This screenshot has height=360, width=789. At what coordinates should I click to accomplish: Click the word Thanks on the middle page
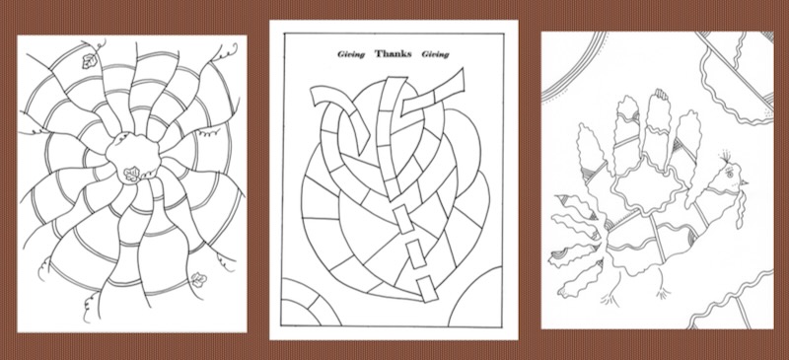click(x=393, y=54)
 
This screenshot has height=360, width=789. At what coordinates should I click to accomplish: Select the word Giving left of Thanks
click(x=351, y=54)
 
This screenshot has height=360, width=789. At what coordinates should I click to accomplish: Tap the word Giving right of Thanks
click(x=435, y=54)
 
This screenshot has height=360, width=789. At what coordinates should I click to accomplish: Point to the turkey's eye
click(x=729, y=173)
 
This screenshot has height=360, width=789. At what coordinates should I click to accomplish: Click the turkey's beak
click(x=744, y=181)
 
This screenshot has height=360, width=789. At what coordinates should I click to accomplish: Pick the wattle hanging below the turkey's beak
click(x=739, y=210)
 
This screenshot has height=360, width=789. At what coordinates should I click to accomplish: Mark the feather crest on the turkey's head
click(x=724, y=155)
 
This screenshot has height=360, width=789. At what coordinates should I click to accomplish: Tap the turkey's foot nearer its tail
click(x=610, y=298)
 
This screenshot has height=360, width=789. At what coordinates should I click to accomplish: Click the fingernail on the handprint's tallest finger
click(x=661, y=94)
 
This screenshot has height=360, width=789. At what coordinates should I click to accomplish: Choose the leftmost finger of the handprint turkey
click(x=592, y=151)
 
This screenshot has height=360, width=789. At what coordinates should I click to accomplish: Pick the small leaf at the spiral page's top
click(x=90, y=61)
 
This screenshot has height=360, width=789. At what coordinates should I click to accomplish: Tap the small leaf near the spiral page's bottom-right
click(x=199, y=279)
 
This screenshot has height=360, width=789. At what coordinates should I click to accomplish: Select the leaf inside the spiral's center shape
click(x=132, y=175)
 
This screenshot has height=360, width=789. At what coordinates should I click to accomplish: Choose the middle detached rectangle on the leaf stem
click(x=415, y=253)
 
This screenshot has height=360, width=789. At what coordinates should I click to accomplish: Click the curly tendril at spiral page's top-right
click(x=227, y=50)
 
